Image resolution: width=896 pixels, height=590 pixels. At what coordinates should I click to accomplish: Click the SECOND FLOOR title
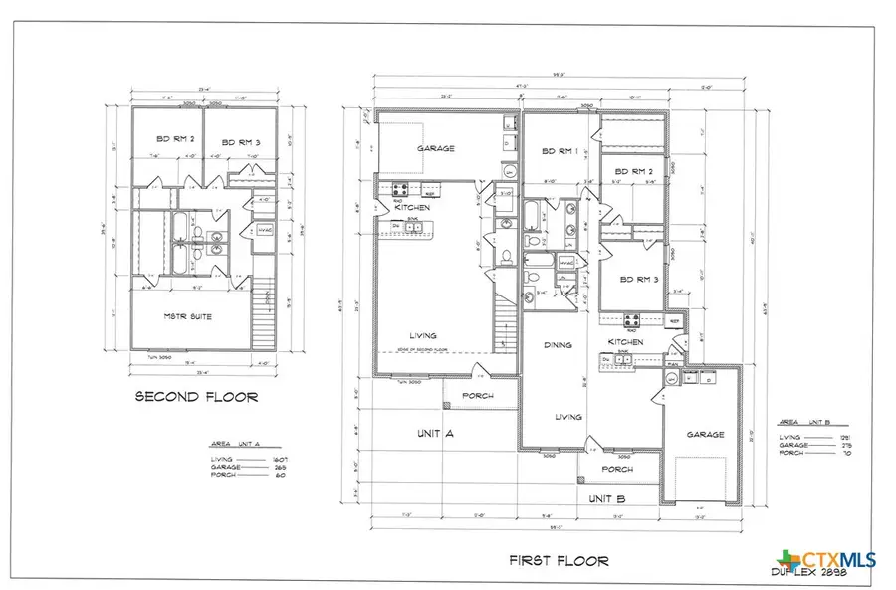(196, 397)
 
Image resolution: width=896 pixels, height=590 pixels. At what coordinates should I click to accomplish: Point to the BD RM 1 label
(560, 151)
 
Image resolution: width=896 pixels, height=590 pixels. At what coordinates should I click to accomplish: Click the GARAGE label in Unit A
(435, 148)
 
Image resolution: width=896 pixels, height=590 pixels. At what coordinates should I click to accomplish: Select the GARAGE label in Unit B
(703, 435)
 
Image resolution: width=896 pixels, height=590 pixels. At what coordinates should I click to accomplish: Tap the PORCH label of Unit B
(617, 470)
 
